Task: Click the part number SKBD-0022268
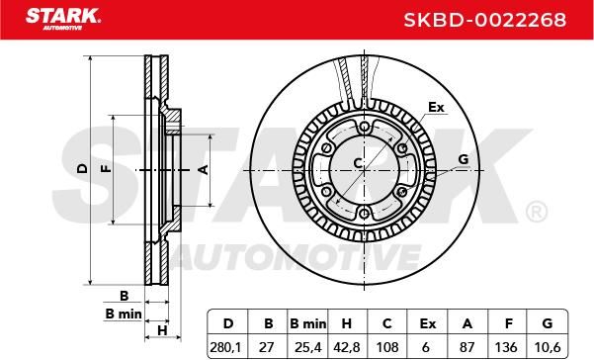tap(485, 20)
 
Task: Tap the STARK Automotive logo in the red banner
tap(63, 19)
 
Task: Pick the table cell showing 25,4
tap(308, 347)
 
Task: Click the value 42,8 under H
tap(347, 347)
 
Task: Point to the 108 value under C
tap(387, 347)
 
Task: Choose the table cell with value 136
tap(506, 347)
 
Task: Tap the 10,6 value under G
tap(547, 347)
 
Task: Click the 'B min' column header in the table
tap(308, 324)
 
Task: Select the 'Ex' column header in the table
tap(428, 324)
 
